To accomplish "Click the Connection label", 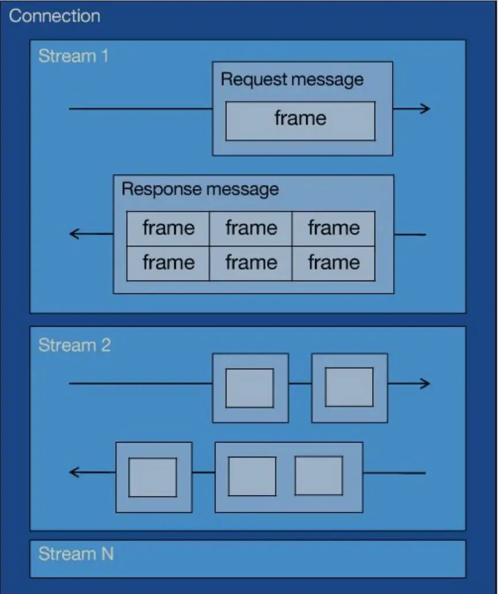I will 54,16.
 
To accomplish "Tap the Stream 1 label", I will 73,56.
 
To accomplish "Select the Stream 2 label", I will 74,346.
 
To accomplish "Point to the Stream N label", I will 76,554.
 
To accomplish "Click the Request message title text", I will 292,79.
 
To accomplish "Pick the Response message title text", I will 200,189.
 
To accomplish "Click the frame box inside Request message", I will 300,120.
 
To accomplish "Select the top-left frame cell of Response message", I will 168,228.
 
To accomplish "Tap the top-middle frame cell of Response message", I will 250,228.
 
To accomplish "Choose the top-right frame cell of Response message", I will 334,228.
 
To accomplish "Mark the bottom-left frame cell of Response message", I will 168,263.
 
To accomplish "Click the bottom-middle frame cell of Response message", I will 250,263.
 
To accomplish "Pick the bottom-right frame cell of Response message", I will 334,263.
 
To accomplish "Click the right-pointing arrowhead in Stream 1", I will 425,108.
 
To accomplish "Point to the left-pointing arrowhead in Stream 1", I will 74,234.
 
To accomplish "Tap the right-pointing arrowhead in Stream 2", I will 425,383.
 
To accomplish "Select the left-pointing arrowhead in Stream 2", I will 74,473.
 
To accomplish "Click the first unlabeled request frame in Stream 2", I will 249,388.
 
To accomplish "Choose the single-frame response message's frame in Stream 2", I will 152,477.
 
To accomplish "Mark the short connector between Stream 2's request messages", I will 300,383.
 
